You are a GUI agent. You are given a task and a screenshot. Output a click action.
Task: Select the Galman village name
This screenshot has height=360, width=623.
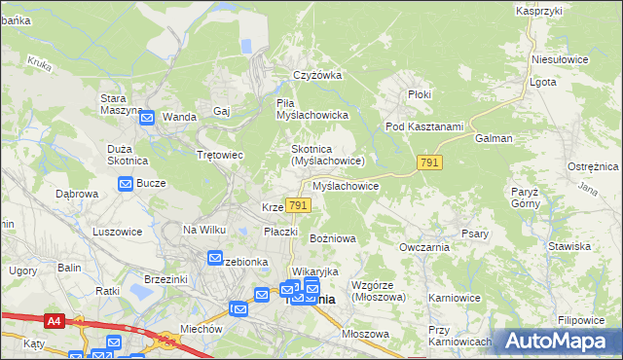pos(494,139)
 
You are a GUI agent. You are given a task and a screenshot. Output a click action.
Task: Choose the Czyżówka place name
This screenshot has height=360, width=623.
pos(314,75)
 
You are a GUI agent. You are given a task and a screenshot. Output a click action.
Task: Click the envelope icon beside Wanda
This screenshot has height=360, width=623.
pos(146,119)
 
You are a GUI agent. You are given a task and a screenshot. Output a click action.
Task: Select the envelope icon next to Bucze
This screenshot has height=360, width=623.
pos(126,183)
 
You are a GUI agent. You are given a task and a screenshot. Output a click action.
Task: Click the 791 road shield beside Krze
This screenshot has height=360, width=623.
pos(298,205)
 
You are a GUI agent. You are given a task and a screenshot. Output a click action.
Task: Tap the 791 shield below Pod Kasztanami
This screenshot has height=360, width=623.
pos(429,163)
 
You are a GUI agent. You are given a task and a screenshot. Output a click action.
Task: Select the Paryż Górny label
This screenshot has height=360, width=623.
pos(525,198)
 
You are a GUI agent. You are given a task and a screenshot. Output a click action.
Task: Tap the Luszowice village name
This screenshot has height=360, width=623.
pos(117,232)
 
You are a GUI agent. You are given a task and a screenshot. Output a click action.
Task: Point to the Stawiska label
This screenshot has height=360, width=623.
pos(569,247)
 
